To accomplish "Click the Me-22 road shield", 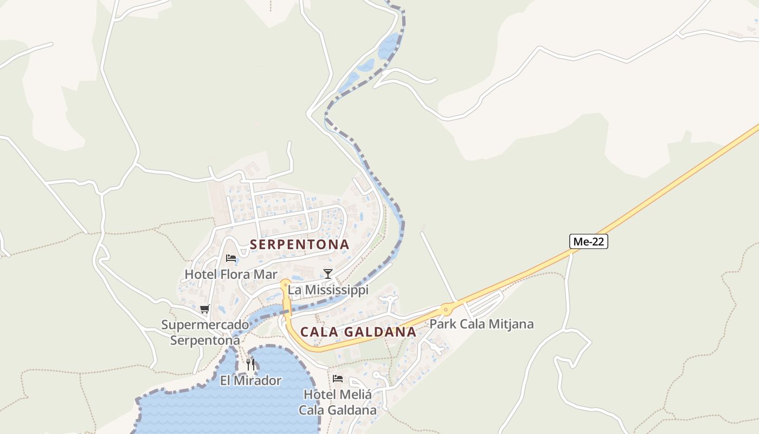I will tap(588, 241).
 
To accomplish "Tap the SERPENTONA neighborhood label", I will tap(299, 245).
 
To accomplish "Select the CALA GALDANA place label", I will tap(358, 332).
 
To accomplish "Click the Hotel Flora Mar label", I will tap(231, 275).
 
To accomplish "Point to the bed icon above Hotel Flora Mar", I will tap(231, 258).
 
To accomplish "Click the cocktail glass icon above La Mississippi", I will tap(327, 273).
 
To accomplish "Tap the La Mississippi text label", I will tap(328, 290).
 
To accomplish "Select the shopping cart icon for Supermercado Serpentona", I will tap(205, 309).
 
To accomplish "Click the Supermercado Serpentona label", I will tap(205, 333).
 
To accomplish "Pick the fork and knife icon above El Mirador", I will tap(250, 364).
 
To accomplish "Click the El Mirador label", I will tap(250, 381).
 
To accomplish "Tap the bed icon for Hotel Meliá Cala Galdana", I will tap(338, 378).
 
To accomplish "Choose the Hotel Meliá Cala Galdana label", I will tap(338, 402).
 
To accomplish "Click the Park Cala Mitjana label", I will tap(481, 324).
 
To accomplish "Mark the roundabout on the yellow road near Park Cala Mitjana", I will tap(446, 309).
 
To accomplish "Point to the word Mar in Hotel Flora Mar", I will tap(266, 275).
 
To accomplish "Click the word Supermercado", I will tap(205, 325).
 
